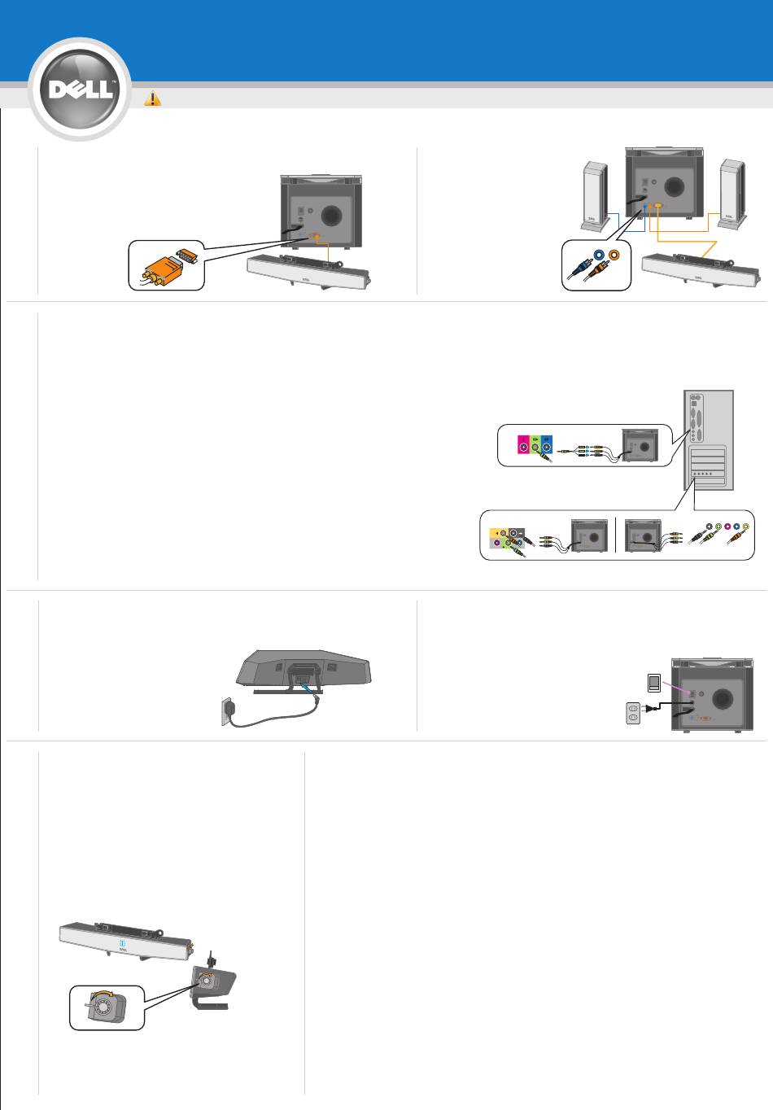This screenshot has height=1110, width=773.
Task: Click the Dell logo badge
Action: (x=80, y=90)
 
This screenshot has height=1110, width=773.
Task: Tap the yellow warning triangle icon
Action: (x=153, y=98)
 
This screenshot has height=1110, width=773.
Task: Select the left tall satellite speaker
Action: (x=595, y=196)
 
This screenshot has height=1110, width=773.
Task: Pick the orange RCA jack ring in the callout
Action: (x=614, y=255)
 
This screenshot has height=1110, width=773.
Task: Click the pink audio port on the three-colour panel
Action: (x=523, y=448)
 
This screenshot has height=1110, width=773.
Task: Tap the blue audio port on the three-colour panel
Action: (x=546, y=448)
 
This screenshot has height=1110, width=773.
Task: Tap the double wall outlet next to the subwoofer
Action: (x=633, y=713)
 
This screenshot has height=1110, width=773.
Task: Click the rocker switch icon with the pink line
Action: (x=654, y=683)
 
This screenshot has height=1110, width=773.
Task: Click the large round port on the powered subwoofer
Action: (x=722, y=699)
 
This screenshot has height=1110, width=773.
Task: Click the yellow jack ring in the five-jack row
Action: (x=746, y=527)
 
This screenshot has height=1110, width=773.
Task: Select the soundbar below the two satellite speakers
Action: (x=701, y=270)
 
